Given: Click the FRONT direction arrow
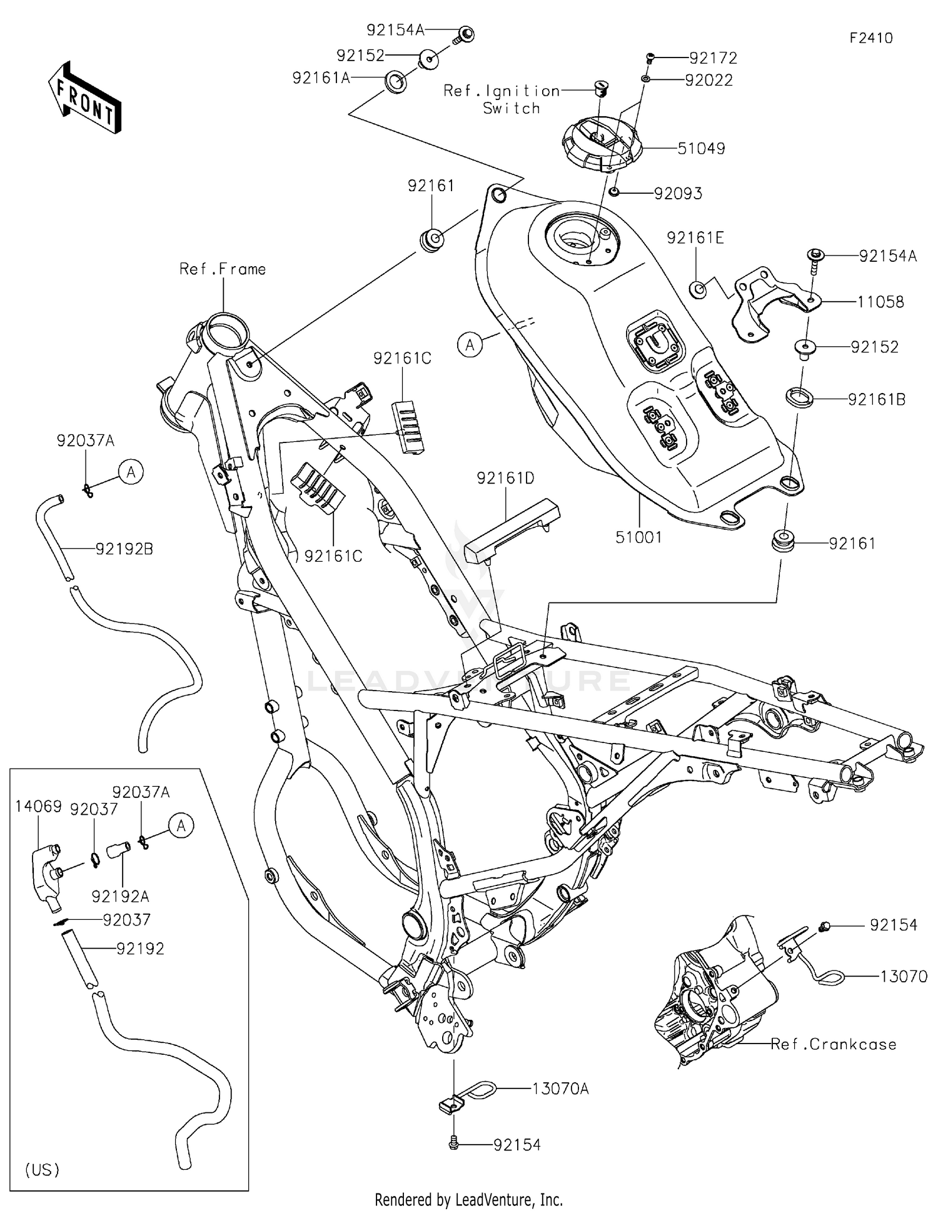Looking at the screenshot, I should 84,97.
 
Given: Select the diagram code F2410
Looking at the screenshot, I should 870,38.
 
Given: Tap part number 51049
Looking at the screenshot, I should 701,149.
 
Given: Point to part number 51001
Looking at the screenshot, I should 638,537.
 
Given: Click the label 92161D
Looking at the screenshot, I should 505,478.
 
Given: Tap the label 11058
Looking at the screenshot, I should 880,302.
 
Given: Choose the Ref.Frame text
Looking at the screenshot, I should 222,269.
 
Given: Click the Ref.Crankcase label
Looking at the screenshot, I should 833,1044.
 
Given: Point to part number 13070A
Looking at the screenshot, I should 560,1089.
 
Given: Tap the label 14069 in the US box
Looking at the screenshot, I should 38,807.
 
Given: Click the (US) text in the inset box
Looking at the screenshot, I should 43,1169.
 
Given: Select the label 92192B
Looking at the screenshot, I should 124,549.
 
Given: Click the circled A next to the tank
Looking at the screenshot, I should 470,344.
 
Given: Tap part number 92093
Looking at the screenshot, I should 678,194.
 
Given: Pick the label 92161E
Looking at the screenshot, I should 695,237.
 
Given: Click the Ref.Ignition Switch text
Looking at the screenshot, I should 502,99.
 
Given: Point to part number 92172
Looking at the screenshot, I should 713,58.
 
